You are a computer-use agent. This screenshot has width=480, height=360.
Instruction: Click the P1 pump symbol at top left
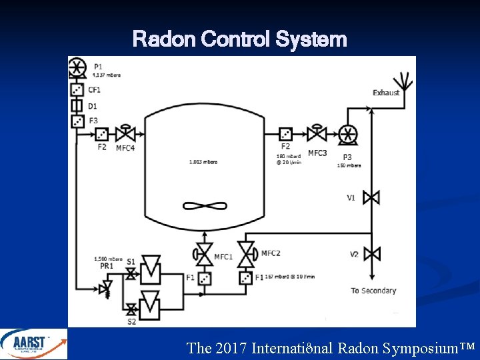tap(77, 67)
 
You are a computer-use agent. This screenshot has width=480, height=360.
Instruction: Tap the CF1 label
tap(95, 89)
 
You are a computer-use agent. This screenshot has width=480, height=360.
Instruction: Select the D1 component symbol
tap(77, 105)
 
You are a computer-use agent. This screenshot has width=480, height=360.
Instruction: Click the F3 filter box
tap(77, 121)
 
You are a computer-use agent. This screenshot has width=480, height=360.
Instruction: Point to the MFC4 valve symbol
tap(124, 133)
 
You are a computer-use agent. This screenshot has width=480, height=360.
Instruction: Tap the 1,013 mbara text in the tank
tap(204, 161)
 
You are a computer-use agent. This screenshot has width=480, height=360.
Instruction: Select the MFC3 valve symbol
tap(317, 133)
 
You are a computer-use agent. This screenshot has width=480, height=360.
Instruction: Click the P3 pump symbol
tap(347, 134)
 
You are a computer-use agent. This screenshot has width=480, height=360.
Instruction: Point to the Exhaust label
tap(386, 93)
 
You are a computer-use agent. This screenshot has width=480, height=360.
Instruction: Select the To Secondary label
tap(373, 291)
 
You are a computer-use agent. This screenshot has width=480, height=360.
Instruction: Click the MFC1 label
tap(223, 257)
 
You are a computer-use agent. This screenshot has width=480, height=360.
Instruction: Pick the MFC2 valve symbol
tap(247, 253)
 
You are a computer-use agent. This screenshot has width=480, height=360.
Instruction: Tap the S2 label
tap(131, 321)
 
